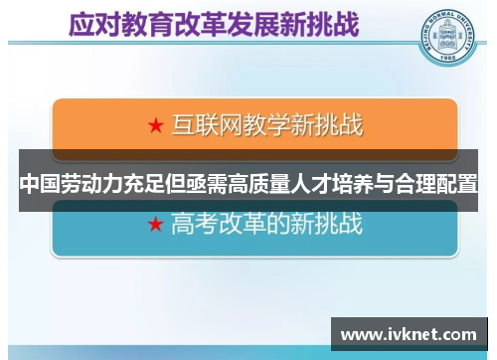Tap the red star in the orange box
pyautogui.click(x=155, y=126)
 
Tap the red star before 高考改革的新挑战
pyautogui.click(x=155, y=225)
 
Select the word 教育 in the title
pyautogui.click(x=145, y=23)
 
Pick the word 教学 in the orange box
pyautogui.click(x=261, y=126)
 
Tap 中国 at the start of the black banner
pyautogui.click(x=39, y=184)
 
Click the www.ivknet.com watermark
pyautogui.click(x=409, y=334)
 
